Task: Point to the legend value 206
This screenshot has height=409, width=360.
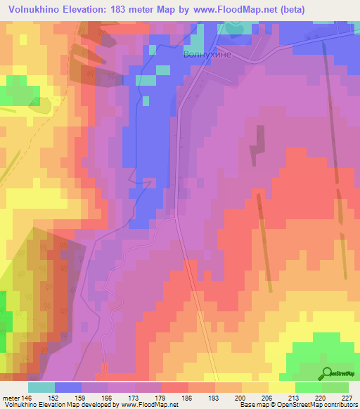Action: [267, 397]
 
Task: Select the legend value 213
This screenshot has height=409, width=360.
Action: [294, 397]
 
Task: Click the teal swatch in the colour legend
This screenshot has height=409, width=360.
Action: [41, 387]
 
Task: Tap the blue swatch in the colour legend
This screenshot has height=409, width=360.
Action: [68, 387]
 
